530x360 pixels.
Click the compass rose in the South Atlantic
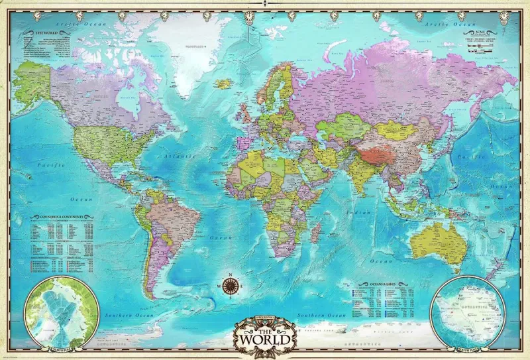point(229,286)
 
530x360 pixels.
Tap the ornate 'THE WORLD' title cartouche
point(264,332)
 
